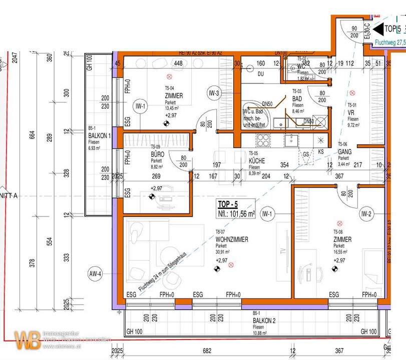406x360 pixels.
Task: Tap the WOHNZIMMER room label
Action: tap(232, 240)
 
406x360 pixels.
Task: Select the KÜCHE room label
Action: tap(257, 161)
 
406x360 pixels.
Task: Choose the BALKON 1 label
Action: tap(100, 136)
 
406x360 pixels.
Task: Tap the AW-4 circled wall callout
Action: tap(95, 273)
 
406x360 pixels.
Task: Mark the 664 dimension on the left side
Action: tap(32, 135)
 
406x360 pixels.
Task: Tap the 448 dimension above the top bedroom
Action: tap(178, 63)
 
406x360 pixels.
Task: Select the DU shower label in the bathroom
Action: tap(260, 74)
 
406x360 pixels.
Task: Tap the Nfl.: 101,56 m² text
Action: tap(236, 213)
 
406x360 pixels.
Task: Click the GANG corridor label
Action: tap(345, 151)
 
